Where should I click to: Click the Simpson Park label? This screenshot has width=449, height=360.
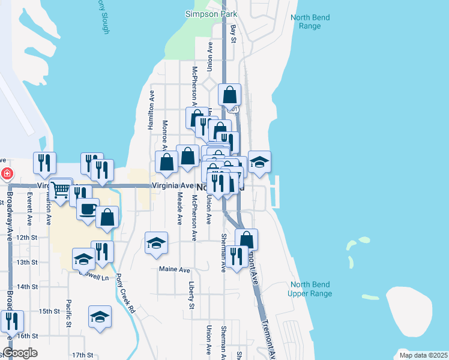tap(211, 14)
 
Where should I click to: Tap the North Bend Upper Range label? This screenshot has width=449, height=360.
tap(310, 289)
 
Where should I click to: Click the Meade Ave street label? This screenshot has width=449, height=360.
tap(179, 209)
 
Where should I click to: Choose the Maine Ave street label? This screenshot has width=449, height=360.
tap(174, 270)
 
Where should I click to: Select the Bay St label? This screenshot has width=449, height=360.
tap(234, 33)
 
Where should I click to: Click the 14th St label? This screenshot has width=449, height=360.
tap(44, 287)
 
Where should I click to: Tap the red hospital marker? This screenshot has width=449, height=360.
tap(7, 174)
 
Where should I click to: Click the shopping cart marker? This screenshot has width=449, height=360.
tap(61, 190)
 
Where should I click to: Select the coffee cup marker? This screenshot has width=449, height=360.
tap(88, 209)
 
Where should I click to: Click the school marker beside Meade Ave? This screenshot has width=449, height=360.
tap(156, 243)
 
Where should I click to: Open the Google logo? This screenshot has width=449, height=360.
tap(20, 353)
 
